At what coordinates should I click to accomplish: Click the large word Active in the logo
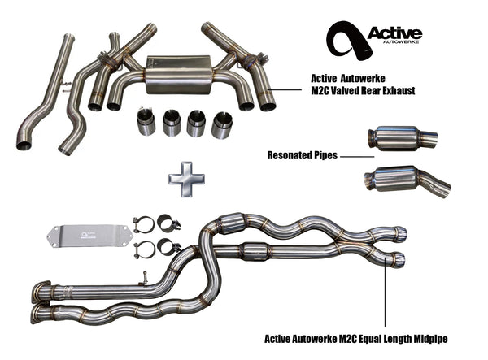(x=394, y=33)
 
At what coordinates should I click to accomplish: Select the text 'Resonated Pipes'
(x=300, y=154)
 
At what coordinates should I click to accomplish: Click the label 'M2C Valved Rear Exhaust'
(x=362, y=91)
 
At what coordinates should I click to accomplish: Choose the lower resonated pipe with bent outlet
(x=404, y=180)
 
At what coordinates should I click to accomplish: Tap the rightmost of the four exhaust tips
(x=221, y=124)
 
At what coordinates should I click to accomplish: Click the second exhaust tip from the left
(x=172, y=124)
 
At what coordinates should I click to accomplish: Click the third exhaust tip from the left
(x=196, y=124)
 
